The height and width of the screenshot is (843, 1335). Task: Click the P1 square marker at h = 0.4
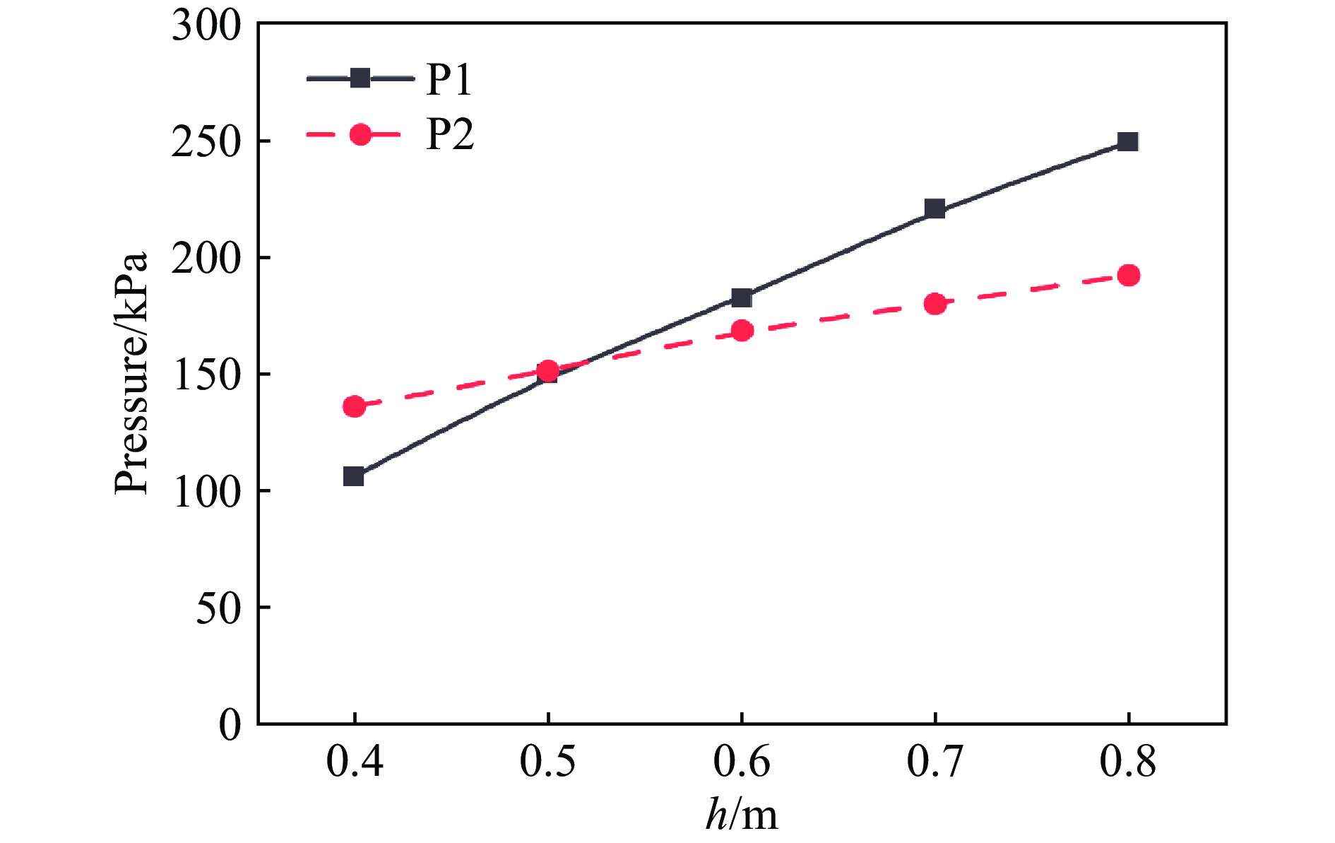(354, 476)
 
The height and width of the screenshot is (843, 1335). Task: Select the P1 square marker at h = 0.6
(741, 297)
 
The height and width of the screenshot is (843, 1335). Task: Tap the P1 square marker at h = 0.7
(935, 208)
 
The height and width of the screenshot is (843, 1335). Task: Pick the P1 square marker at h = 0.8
(1128, 141)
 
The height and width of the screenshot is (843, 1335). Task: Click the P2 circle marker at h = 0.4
(354, 406)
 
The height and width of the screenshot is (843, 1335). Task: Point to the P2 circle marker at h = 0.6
(742, 330)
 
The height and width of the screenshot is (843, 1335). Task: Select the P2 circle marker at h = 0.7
(935, 304)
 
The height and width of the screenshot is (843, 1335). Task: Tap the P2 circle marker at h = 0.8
(1129, 275)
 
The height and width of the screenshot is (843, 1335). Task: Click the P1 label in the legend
(449, 79)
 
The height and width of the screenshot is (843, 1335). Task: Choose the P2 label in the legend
(450, 134)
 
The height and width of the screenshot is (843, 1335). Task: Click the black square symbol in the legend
(360, 78)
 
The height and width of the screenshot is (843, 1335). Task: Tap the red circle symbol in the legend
(360, 134)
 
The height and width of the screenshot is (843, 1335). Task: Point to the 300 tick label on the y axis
(206, 27)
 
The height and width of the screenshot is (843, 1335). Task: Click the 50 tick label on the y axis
(218, 608)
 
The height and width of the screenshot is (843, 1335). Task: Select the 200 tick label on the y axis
(206, 259)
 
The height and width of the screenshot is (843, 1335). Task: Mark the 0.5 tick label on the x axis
(548, 762)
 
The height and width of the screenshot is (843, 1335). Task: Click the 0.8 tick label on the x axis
(1128, 762)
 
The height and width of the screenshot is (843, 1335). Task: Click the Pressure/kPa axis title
(132, 372)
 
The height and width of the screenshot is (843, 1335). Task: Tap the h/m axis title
(742, 815)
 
